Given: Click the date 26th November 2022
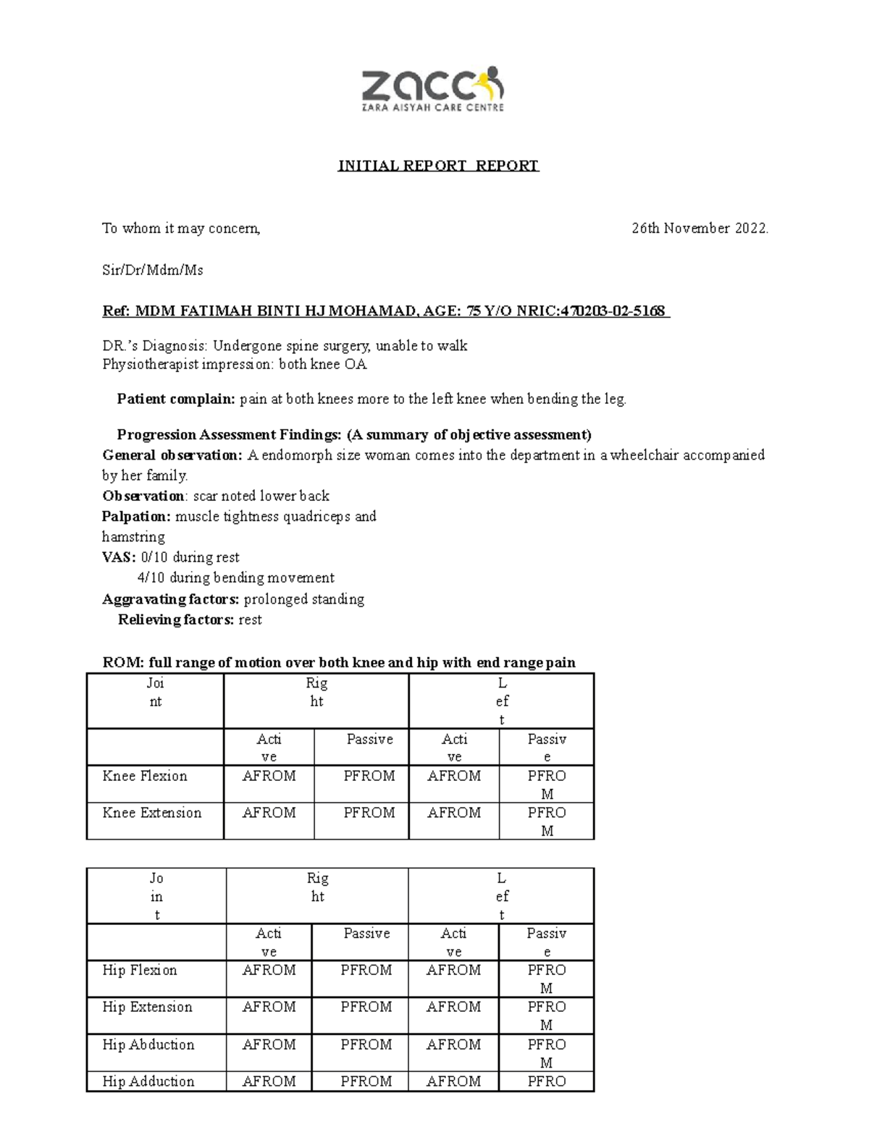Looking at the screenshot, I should point(700,229).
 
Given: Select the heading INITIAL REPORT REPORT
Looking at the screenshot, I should point(438,166).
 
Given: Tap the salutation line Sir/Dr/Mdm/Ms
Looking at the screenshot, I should point(153,270).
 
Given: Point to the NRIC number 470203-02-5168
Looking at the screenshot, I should point(613,311).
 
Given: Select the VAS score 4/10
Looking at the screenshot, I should point(150,578).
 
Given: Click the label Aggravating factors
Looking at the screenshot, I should point(170,599).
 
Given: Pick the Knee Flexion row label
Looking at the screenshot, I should point(145,776).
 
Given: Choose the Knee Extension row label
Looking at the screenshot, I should point(152,813).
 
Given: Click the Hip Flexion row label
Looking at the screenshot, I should point(140,970).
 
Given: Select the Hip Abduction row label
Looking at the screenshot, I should point(148,1044).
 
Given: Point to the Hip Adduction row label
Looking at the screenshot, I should point(148,1081).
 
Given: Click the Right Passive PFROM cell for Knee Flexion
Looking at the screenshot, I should point(369,776).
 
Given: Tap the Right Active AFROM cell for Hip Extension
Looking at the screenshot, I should point(269,1007).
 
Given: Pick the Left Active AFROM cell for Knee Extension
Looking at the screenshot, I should point(454,813).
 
